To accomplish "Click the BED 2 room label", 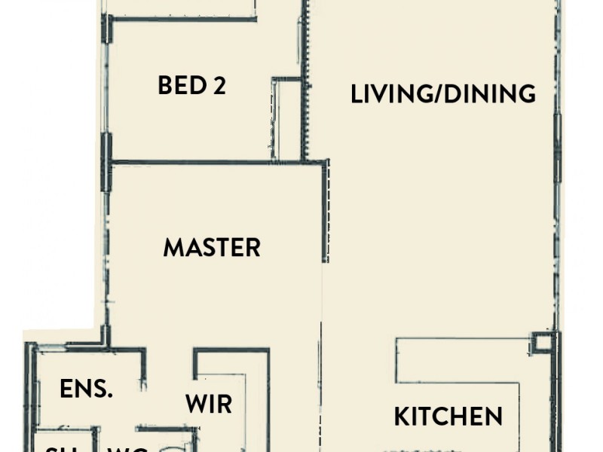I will pos(191,85).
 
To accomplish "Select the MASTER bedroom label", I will pos(212,247).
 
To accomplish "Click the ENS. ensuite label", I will pos(87,389).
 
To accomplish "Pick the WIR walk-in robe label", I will pos(209,404).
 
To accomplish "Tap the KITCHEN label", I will pos(448,416).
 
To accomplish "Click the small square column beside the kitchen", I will pos(542,343).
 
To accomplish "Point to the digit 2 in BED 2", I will pos(219,85).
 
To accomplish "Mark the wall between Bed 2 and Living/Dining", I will pos(305,75).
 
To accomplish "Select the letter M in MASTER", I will pos(174,247).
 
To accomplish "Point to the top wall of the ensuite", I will pos(90,349).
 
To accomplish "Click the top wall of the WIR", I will pos(231,350).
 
